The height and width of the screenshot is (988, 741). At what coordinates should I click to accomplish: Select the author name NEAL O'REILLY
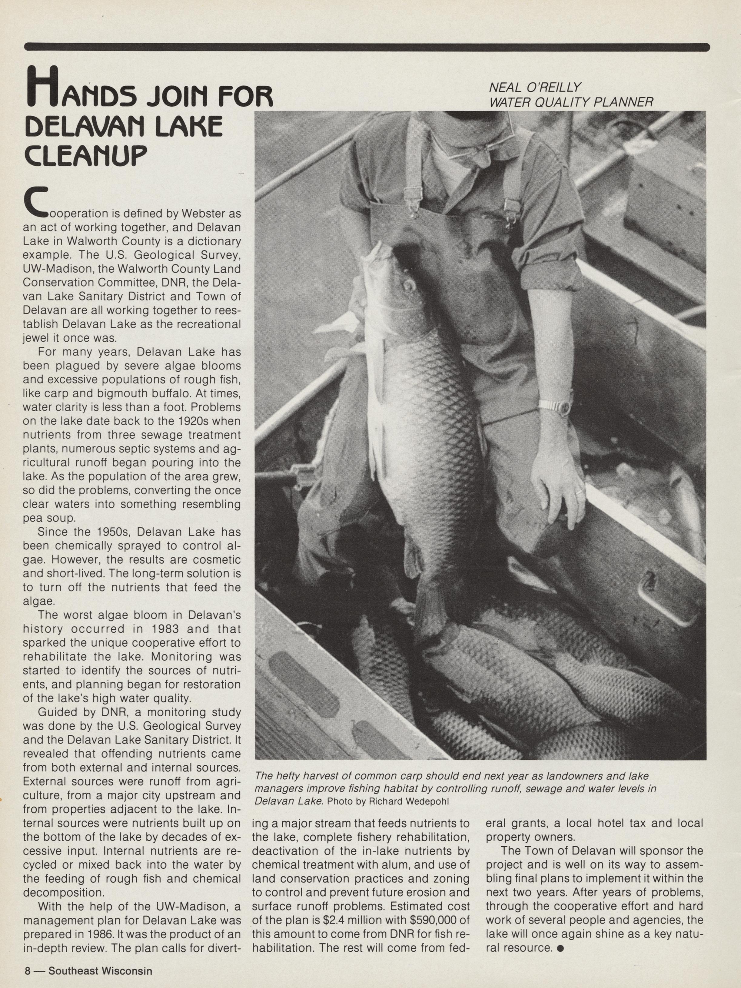pyautogui.click(x=535, y=88)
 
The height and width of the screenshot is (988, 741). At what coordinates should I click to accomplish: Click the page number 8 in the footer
pyautogui.click(x=28, y=970)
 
